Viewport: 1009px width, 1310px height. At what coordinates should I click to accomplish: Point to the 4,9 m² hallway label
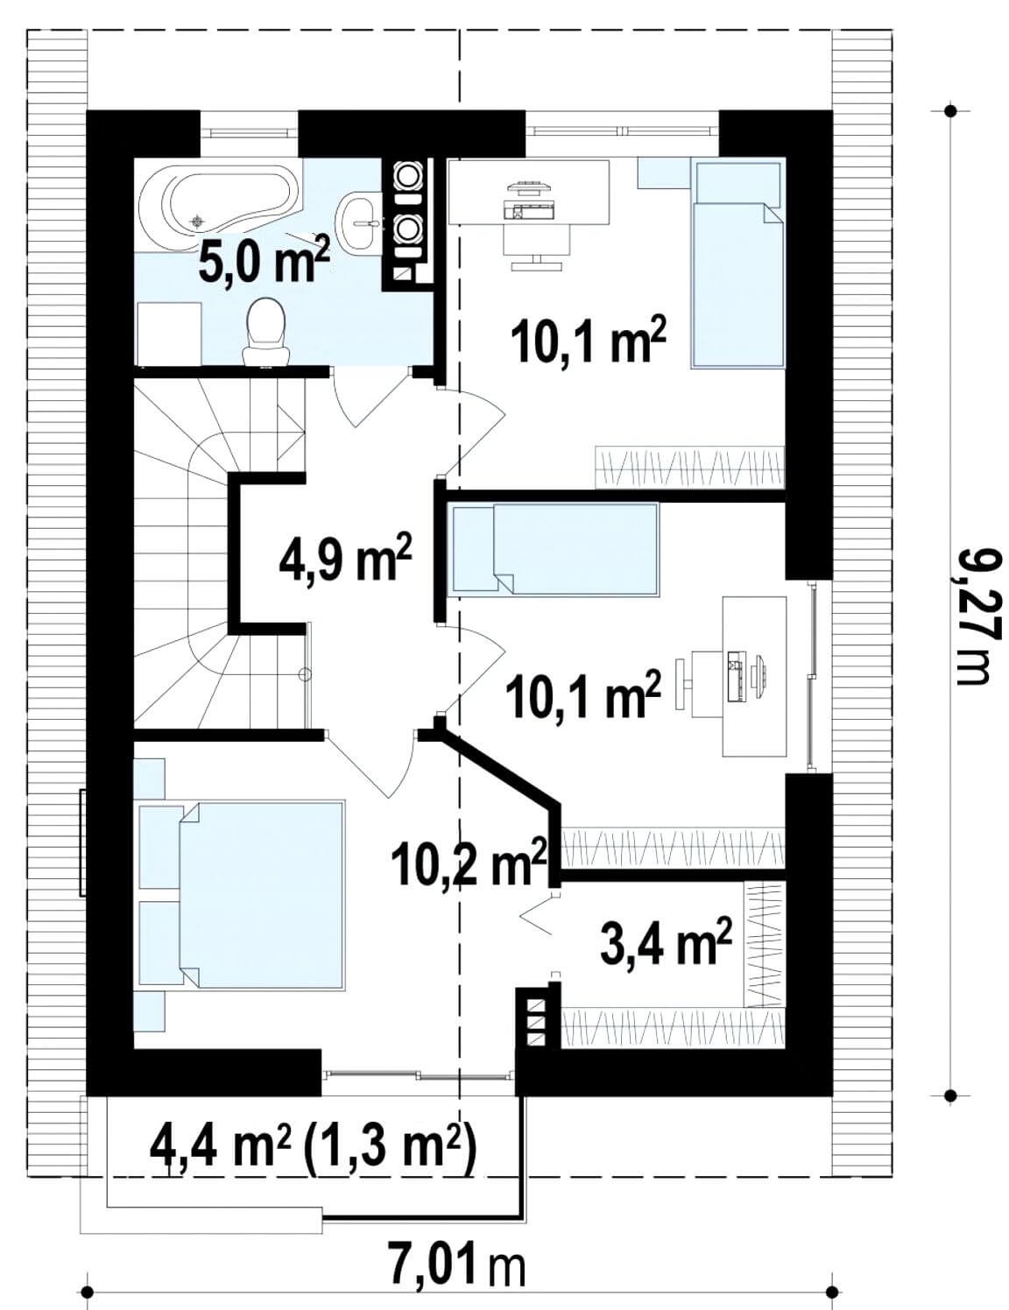345,558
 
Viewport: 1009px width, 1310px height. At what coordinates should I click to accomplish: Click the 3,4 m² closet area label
666,949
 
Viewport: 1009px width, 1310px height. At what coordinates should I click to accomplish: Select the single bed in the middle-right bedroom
554,549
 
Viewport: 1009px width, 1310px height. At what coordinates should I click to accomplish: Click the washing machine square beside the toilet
169,335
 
